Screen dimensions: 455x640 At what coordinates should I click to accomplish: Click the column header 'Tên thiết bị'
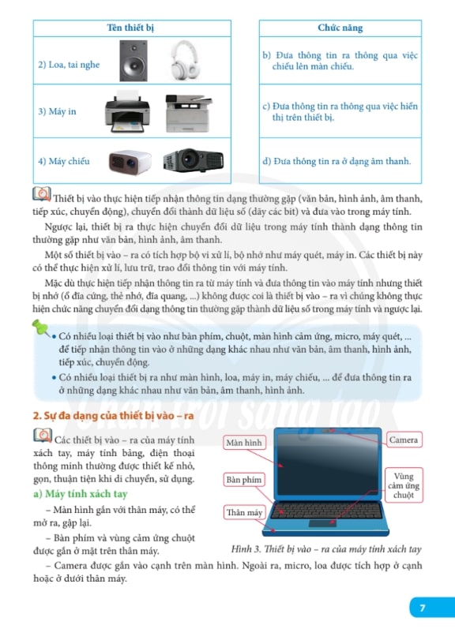click(x=130, y=28)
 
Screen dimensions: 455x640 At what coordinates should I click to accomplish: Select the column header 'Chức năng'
click(x=340, y=28)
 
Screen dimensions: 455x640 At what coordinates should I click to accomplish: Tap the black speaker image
click(x=133, y=61)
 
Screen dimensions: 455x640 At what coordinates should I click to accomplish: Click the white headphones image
click(x=186, y=60)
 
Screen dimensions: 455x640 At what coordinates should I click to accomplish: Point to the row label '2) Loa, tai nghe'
click(x=69, y=65)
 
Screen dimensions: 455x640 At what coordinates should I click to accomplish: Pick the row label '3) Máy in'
click(x=57, y=111)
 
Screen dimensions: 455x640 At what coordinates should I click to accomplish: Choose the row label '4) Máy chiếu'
click(x=64, y=161)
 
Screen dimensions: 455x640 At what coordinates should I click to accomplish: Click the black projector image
click(x=194, y=160)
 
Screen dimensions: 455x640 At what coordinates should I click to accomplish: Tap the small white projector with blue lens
click(x=130, y=162)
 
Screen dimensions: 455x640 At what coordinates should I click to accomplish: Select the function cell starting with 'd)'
click(x=337, y=161)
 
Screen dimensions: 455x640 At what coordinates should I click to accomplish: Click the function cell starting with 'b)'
click(x=340, y=61)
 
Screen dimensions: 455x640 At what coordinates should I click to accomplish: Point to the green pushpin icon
click(x=41, y=327)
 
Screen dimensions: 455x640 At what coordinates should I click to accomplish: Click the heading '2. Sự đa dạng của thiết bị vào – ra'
click(x=113, y=416)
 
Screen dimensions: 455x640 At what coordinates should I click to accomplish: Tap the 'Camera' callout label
click(x=404, y=440)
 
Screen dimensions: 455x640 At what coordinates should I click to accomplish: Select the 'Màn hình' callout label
click(x=244, y=443)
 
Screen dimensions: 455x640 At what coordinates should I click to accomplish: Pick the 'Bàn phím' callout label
click(x=244, y=480)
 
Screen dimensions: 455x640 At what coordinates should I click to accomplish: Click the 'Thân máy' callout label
click(x=244, y=512)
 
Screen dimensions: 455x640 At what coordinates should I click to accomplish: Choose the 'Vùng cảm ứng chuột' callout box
click(x=404, y=485)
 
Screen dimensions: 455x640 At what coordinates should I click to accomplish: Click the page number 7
click(x=423, y=608)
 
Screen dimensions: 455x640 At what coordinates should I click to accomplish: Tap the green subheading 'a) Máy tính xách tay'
click(x=81, y=494)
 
